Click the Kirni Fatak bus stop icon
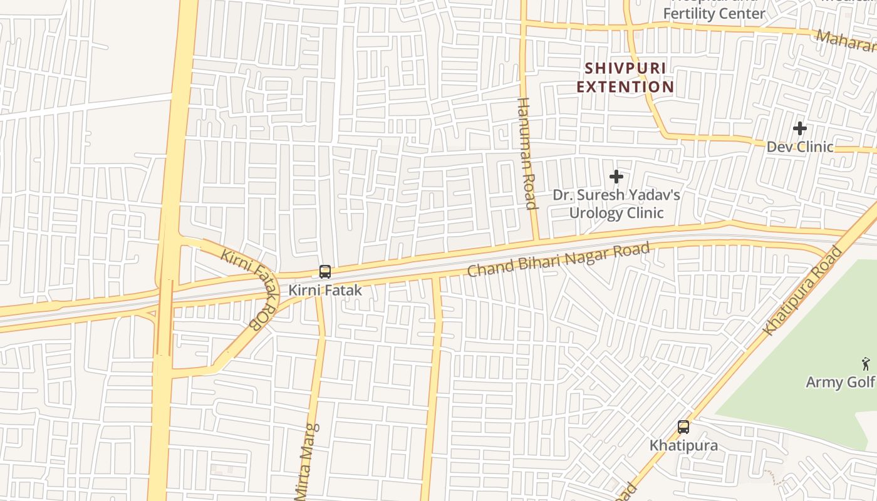coord(324,272)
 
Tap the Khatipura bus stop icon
coord(683,427)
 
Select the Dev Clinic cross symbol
coord(799,129)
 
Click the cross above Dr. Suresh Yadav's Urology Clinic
coord(616,177)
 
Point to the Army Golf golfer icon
coord(866,363)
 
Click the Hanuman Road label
coord(527,153)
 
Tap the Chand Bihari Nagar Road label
coord(559,260)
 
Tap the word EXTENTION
coord(625,86)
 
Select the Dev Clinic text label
coord(800,147)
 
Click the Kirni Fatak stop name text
coord(324,291)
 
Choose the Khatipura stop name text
coord(683,445)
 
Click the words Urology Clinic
coord(616,213)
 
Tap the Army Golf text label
coord(839,382)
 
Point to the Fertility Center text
coord(714,14)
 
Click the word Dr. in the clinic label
coord(563,195)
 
